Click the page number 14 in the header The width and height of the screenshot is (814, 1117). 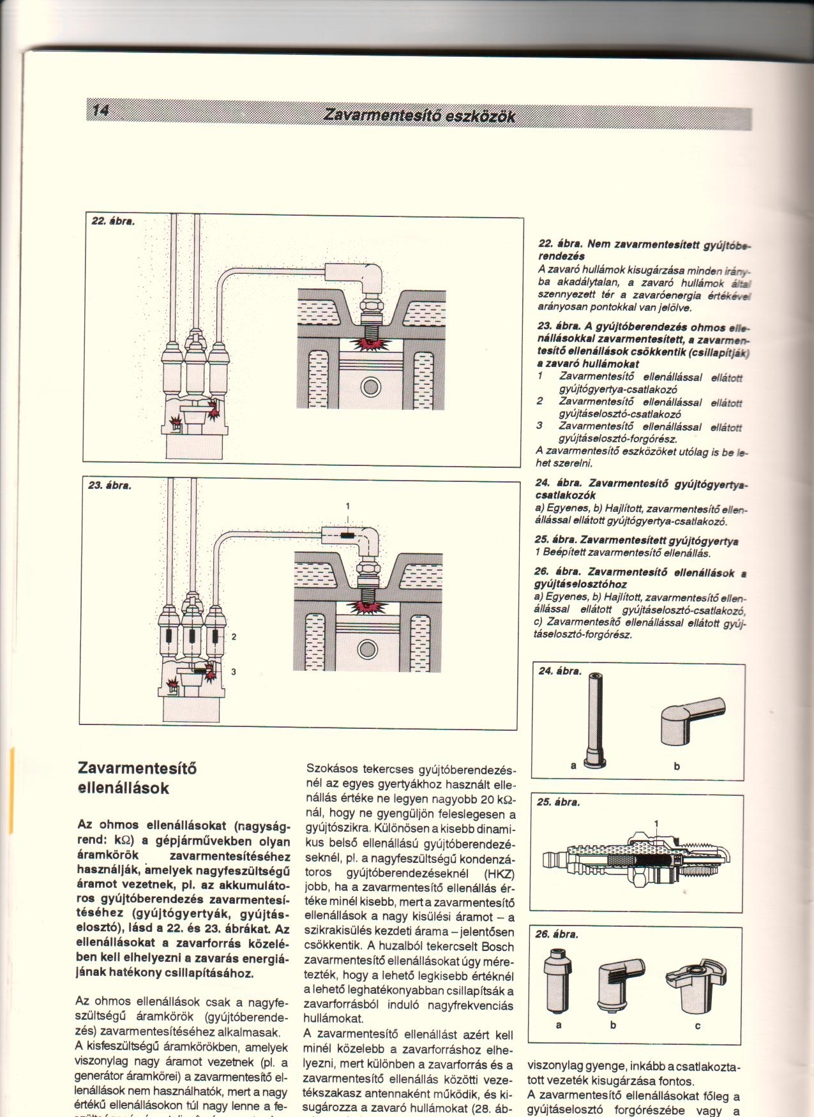tap(101, 110)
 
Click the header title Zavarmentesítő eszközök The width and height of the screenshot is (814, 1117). tap(419, 116)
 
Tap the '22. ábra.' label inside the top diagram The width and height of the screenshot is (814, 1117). tap(112, 221)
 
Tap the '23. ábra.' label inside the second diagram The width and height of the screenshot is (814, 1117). tap(110, 485)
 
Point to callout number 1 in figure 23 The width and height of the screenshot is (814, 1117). tap(347, 506)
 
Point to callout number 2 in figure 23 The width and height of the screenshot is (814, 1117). tap(234, 636)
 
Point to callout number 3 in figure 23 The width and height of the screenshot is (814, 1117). tap(234, 671)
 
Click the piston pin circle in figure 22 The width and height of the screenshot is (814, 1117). tap(370, 387)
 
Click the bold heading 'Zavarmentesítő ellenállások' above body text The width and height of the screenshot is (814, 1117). tap(123, 778)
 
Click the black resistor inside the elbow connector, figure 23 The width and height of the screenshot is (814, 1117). tap(347, 536)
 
